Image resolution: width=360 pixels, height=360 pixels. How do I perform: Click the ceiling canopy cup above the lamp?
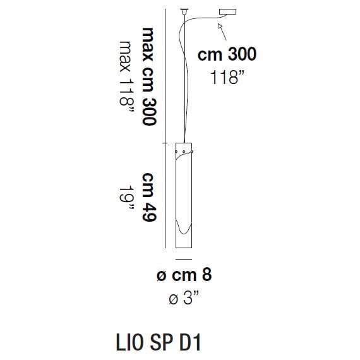(184, 11)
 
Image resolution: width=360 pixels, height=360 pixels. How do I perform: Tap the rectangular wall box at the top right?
(227, 13)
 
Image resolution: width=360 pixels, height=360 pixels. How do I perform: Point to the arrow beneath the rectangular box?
(220, 27)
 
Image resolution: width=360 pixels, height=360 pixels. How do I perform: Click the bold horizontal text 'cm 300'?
(227, 54)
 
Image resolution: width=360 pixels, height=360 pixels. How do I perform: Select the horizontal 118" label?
(227, 78)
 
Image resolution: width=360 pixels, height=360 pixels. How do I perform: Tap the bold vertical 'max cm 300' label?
(149, 76)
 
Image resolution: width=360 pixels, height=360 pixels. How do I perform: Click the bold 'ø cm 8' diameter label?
(184, 276)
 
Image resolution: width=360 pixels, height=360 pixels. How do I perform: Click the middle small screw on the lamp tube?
(183, 152)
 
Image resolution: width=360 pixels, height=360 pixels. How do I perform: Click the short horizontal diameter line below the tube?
(183, 260)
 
